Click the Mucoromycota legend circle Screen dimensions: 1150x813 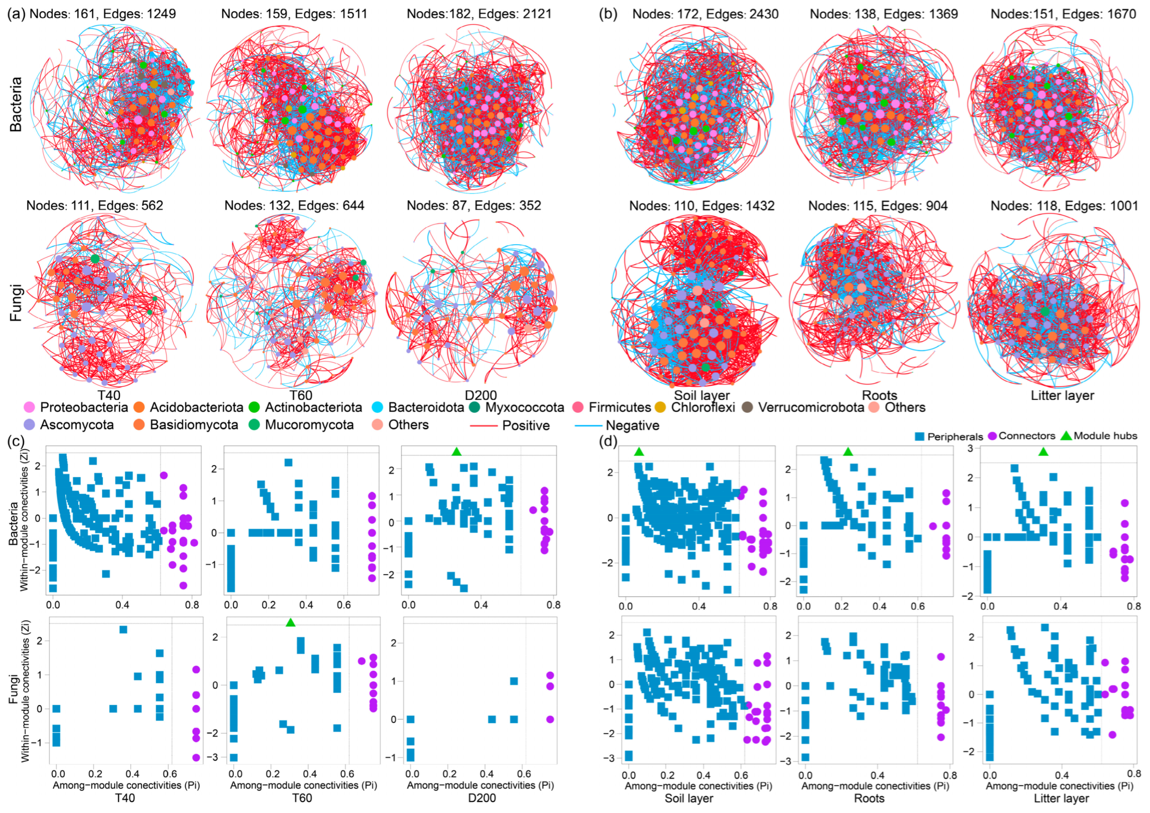pyautogui.click(x=254, y=425)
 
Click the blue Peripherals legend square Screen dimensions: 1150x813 pyautogui.click(x=920, y=436)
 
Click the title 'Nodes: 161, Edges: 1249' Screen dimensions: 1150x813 pyautogui.click(x=103, y=14)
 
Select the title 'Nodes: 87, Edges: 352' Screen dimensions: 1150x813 pyautogui.click(x=474, y=206)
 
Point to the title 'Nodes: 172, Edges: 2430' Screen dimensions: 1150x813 pyautogui.click(x=705, y=14)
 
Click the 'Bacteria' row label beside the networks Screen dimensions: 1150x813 pyautogui.click(x=15, y=104)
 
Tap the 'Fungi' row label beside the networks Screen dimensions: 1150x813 pyautogui.click(x=15, y=303)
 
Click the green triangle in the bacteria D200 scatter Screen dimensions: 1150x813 pyautogui.click(x=456, y=452)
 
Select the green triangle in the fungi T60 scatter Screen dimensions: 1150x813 pyautogui.click(x=291, y=622)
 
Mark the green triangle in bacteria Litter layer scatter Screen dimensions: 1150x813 pyautogui.click(x=1043, y=452)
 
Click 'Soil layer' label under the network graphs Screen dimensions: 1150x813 pyautogui.click(x=702, y=395)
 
